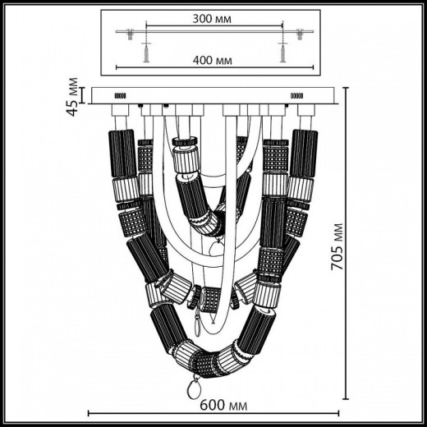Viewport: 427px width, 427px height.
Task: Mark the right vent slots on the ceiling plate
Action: click(x=296, y=96)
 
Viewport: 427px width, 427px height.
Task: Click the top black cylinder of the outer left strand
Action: click(x=122, y=152)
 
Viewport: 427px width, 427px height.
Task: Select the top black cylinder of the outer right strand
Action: click(x=303, y=152)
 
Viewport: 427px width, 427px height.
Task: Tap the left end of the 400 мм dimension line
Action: click(x=117, y=67)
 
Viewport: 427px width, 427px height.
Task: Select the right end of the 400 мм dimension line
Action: click(x=314, y=67)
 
